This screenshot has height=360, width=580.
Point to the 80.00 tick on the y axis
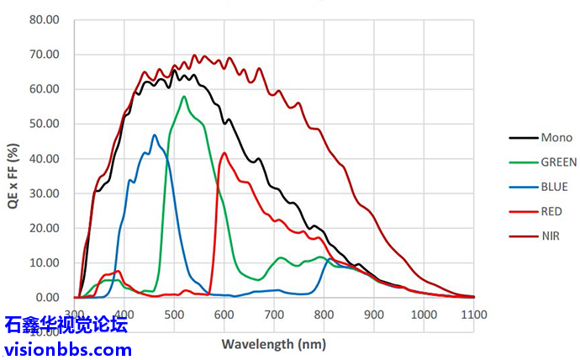coord(45,19)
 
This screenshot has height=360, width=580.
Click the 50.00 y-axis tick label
coord(45,124)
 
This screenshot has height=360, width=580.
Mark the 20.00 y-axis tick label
coord(45,228)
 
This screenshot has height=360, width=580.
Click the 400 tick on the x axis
coord(124,314)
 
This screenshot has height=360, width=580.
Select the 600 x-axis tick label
coord(224,314)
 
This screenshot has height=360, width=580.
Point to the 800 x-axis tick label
coord(324,314)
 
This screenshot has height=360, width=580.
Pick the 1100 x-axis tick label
coord(474,314)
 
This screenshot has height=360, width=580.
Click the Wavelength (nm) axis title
coord(274,344)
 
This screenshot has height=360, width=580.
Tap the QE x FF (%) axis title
coord(13,160)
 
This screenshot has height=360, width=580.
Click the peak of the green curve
coord(184,97)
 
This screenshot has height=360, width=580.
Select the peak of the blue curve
coord(154,135)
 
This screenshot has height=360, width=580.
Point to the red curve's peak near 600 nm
coord(224,153)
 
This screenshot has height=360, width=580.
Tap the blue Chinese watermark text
coord(66,326)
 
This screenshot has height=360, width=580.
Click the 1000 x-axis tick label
coord(424,314)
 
